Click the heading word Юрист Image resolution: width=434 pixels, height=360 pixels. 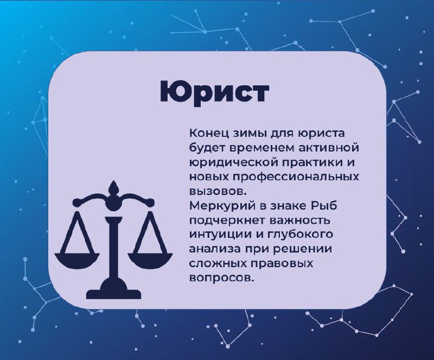[x=214, y=92]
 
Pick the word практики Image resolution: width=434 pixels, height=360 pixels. [x=312, y=162]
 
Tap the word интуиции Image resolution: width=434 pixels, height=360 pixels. [x=219, y=235]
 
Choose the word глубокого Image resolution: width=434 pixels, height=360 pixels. [x=299, y=235]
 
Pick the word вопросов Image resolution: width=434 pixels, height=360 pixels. [x=221, y=278]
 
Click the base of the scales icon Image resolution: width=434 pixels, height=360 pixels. [x=113, y=290]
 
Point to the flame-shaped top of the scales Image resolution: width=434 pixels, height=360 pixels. [x=113, y=188]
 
